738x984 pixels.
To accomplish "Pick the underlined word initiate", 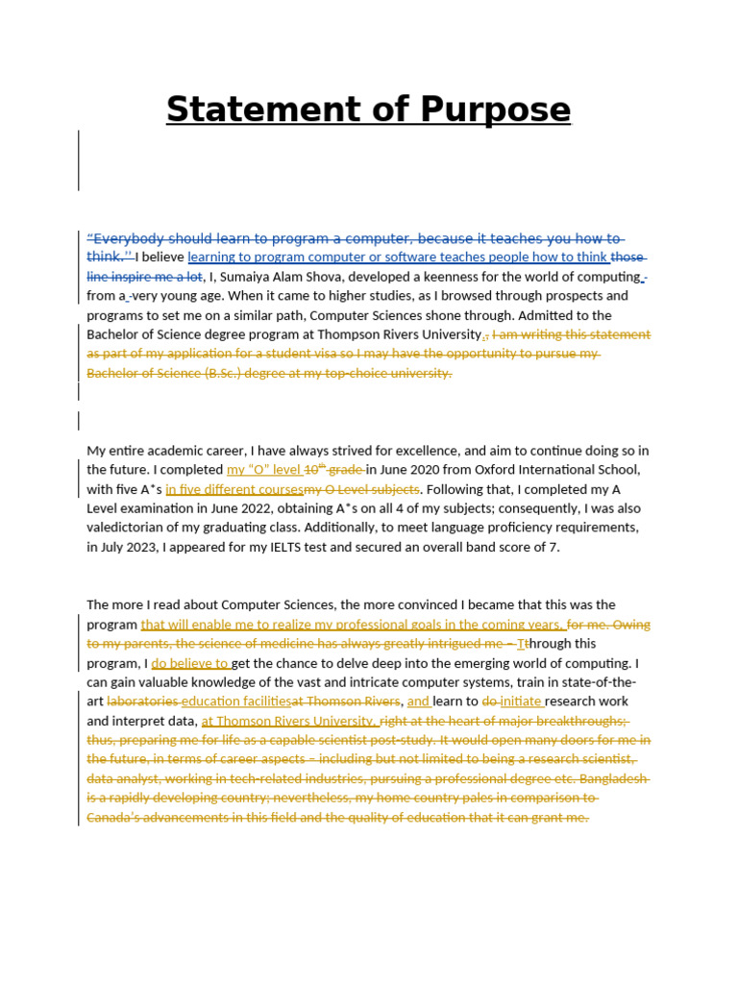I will click(522, 701).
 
